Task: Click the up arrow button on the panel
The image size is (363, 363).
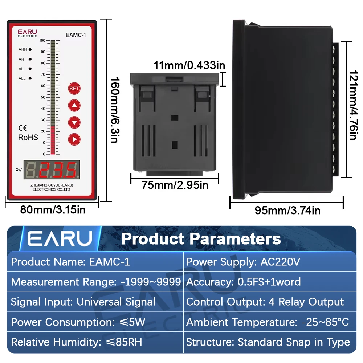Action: coord(74,105)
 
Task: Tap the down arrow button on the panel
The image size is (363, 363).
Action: coord(74,122)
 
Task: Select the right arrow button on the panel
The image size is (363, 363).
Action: coord(74,139)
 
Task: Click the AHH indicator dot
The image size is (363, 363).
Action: coord(30,49)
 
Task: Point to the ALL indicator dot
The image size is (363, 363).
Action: coord(30,78)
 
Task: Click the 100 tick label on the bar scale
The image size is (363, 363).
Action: coord(42,41)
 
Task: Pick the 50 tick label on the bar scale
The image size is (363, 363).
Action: coord(43,97)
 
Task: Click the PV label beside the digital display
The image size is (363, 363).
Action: coord(19,170)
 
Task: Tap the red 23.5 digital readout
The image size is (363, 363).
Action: coord(58,170)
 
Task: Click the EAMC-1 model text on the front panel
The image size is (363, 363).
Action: coord(76,35)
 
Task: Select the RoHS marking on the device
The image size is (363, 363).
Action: coord(28,137)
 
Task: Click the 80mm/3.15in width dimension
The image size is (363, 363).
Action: coord(53,210)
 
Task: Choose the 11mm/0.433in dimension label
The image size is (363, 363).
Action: coord(189,65)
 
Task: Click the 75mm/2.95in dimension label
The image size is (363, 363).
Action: coord(175,185)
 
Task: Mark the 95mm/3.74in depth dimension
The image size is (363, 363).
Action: coord(287,211)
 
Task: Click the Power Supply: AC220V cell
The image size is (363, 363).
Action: coord(243,262)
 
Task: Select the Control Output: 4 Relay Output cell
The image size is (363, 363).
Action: coord(265,302)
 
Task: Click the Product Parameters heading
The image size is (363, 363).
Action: coord(201,239)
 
